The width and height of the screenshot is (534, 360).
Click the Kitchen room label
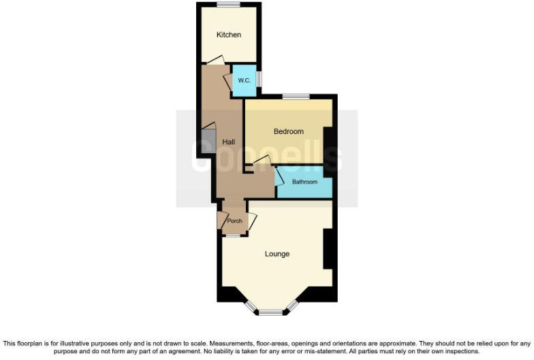pos(228,35)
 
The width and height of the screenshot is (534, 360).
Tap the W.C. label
pos(244,81)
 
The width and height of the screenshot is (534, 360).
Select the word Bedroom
pos(288,131)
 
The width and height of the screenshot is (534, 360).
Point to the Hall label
pos(228,142)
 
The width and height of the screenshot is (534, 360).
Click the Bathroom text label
pos(304,182)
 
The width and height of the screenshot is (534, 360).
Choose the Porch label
pos(234,220)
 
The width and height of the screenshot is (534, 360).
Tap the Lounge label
pos(277,254)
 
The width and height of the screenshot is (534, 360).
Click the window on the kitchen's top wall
pos(228,5)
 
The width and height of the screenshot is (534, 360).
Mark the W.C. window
pos(258,80)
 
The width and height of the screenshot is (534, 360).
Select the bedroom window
pos(293,97)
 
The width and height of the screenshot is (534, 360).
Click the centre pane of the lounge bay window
pos(271,313)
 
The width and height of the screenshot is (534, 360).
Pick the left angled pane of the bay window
pos(250,307)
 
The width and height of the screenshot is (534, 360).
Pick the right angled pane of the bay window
pos(292,307)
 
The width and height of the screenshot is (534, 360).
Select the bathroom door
pos(279,176)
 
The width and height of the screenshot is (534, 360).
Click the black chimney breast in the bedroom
pos(328,145)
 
